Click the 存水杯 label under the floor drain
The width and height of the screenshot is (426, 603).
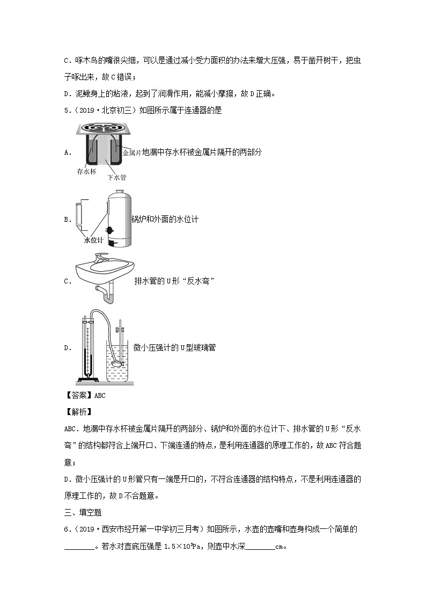[86, 172]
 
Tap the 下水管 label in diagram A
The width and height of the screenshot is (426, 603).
[116, 177]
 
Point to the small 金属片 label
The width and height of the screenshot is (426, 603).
[131, 153]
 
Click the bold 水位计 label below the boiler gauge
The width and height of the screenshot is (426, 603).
[95, 241]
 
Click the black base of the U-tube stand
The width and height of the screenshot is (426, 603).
[90, 381]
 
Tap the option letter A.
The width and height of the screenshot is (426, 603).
[68, 152]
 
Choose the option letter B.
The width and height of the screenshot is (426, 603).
[68, 220]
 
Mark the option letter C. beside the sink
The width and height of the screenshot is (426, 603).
[68, 281]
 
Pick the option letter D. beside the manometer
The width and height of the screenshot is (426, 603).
[68, 348]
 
